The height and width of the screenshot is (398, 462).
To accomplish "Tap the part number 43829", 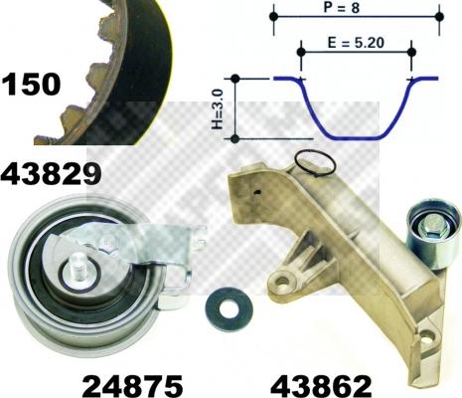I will click(x=52, y=175).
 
